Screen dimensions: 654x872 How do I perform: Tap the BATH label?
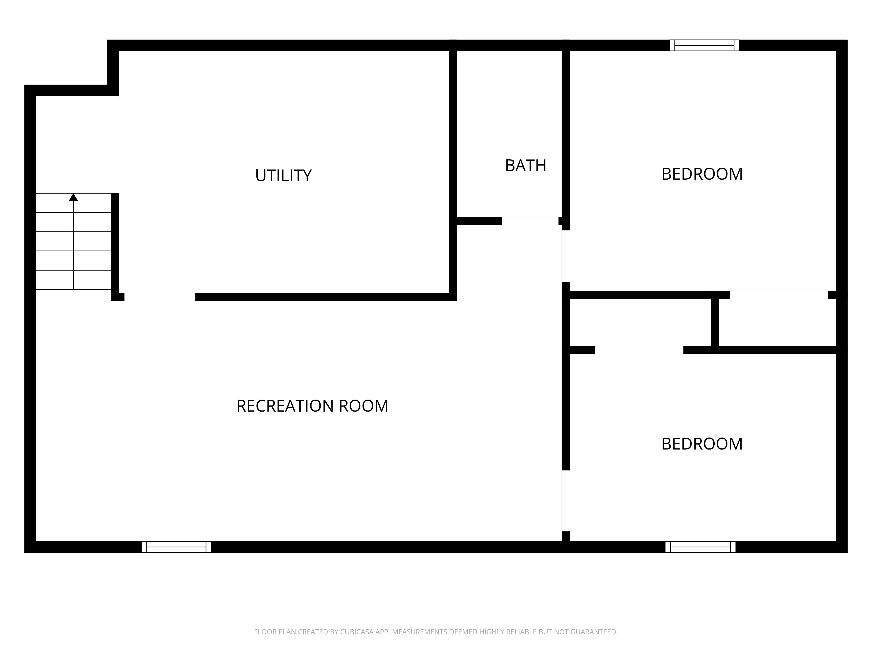[525, 165]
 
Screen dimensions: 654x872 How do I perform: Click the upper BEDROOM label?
[702, 174]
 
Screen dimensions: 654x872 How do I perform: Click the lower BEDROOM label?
[702, 444]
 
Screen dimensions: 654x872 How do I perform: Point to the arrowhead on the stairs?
[73, 197]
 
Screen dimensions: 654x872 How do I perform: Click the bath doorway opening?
[530, 221]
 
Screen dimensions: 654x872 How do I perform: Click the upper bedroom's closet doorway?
[778, 295]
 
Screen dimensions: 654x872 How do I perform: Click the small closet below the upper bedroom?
[777, 322]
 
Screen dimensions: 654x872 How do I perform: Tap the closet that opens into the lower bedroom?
[640, 322]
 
